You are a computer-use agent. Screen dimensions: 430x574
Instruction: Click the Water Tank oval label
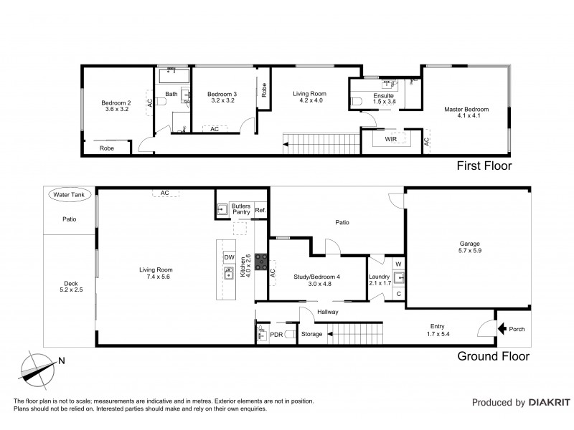click(65, 194)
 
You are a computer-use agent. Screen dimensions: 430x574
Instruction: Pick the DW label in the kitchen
click(230, 257)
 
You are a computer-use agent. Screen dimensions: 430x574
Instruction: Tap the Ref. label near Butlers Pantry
click(260, 210)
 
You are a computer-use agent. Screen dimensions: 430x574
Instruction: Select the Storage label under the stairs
click(311, 334)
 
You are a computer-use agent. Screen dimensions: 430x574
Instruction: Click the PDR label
click(276, 334)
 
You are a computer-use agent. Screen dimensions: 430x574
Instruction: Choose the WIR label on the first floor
click(391, 138)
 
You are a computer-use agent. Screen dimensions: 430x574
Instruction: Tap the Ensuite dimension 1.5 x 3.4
click(384, 102)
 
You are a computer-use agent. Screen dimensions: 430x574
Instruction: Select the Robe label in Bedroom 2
click(106, 148)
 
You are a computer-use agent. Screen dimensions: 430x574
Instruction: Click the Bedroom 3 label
click(221, 95)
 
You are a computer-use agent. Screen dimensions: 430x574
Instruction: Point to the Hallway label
click(326, 312)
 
